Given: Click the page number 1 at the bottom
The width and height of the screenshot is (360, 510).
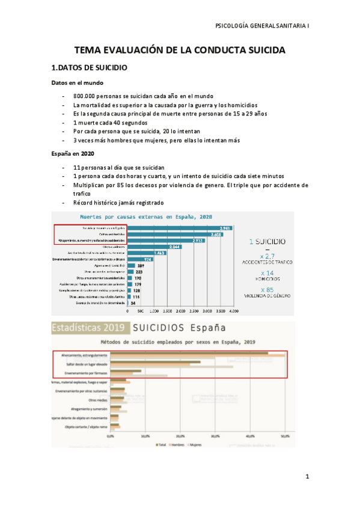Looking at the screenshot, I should (307, 478).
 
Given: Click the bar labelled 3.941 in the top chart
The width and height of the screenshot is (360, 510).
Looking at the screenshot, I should (180, 229).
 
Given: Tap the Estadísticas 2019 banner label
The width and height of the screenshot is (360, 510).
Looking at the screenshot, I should (88, 328).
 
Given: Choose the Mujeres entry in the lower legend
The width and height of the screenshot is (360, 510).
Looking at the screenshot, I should (195, 445).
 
